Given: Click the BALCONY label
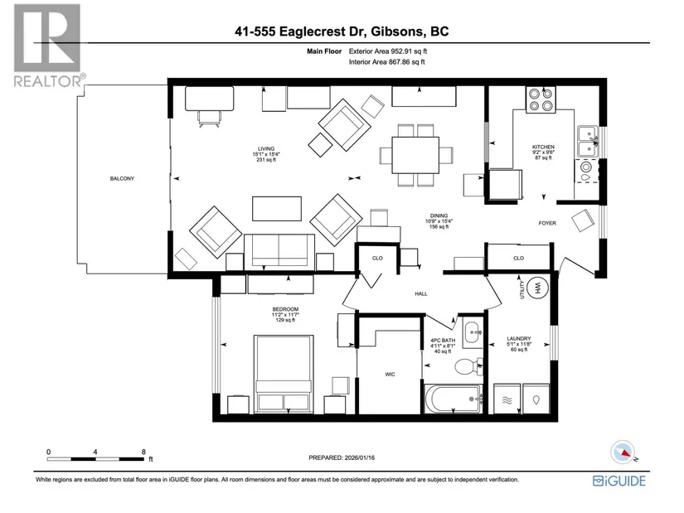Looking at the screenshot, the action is coord(122,178).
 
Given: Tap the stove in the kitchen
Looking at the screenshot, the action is coord(541,100).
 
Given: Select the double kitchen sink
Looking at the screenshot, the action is coord(588,142).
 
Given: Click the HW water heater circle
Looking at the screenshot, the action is coord(537,288).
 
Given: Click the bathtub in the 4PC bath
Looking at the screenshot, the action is coord(454,399).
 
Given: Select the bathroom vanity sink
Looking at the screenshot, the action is coord(472,334).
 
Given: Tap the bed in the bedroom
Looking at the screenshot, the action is coord(284,374).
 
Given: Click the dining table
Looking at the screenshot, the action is coord(415,155).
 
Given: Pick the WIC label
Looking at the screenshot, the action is coord(390,375).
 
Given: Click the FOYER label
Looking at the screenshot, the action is coord(547,223).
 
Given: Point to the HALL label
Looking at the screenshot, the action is coord(421,293).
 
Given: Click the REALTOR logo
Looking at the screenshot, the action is coord(49,46).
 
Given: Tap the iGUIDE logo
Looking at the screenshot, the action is coord(619,481).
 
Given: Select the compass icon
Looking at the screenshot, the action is coord(623,452).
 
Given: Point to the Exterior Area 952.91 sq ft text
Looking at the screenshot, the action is coord(388,51).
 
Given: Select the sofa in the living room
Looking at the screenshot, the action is coord(279,252).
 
